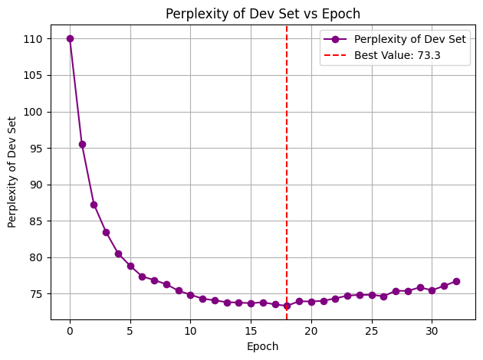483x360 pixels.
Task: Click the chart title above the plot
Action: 264,13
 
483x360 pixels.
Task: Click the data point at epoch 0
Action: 70,38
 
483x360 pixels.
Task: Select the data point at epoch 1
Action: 82,144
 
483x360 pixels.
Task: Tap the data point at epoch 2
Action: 94,205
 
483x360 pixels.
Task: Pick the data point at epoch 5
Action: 130,266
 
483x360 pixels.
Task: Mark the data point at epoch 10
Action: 190,295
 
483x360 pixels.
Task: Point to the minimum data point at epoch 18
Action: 287,306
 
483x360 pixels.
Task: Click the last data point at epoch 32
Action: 456,281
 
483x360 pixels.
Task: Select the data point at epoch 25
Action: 372,295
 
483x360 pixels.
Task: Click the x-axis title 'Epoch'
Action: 263,346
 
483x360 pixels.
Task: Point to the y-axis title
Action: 12,172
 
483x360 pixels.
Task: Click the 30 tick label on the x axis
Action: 432,331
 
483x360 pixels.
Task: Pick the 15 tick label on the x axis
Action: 251,331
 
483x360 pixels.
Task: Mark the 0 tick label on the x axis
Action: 70,331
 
